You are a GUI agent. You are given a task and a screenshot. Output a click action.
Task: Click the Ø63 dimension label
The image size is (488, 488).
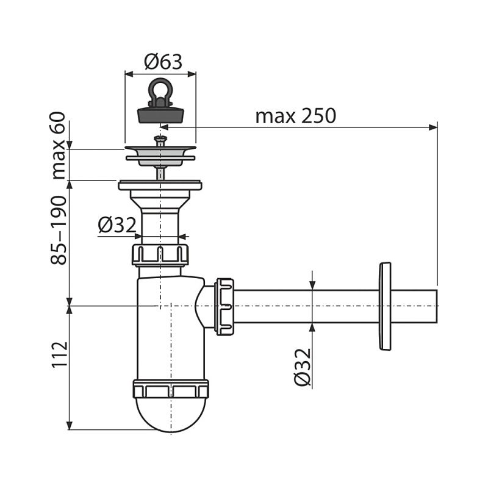pos(163,62)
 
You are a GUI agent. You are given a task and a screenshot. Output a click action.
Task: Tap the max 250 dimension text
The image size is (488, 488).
pos(296,116)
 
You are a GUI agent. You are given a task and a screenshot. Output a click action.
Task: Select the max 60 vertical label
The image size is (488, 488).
pos(59,146)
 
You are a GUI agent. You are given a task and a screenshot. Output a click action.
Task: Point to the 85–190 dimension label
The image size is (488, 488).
pos(59,231)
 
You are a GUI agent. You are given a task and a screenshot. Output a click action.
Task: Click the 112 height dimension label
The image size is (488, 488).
pos(59,355)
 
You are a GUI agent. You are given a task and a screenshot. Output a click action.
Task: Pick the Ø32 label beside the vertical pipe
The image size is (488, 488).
pos(117,225)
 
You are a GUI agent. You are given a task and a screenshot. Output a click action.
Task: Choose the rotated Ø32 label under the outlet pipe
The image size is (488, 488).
pos(303,367)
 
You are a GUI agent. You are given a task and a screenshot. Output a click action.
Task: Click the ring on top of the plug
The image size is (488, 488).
pos(160,88)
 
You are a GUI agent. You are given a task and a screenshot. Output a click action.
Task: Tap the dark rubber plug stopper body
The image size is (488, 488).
pos(160,115)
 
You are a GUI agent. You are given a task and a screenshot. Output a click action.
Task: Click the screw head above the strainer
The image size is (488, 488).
pos(160,138)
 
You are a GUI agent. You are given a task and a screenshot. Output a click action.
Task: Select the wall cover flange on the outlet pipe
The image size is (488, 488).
pos(385,306)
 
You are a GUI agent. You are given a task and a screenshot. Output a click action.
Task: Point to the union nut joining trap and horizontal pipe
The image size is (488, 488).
pos(224,307)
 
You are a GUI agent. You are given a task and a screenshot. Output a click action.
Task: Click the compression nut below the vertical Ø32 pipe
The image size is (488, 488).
pos(160,255)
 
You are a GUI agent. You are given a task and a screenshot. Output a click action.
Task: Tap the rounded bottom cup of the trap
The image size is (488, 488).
pos(171,415)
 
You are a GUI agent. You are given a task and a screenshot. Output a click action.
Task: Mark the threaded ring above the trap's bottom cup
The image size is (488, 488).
pos(171,389)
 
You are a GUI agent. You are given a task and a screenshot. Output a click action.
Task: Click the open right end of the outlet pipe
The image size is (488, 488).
pos(437,307)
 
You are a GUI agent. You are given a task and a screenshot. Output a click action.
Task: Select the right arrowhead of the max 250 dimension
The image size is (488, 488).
pos(433,127)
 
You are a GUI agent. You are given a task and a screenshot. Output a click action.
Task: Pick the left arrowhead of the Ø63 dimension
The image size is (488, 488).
pos(129,74)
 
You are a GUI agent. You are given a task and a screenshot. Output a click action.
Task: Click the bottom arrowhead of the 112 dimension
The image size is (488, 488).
pos(70,426)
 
